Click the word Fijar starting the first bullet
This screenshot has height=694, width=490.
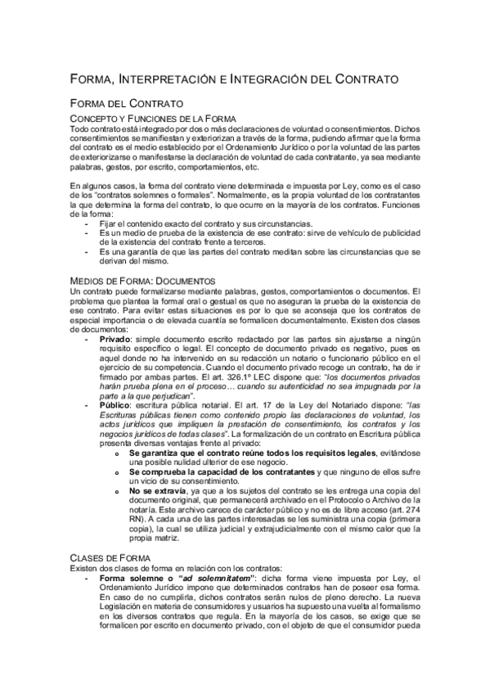(110, 223)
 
